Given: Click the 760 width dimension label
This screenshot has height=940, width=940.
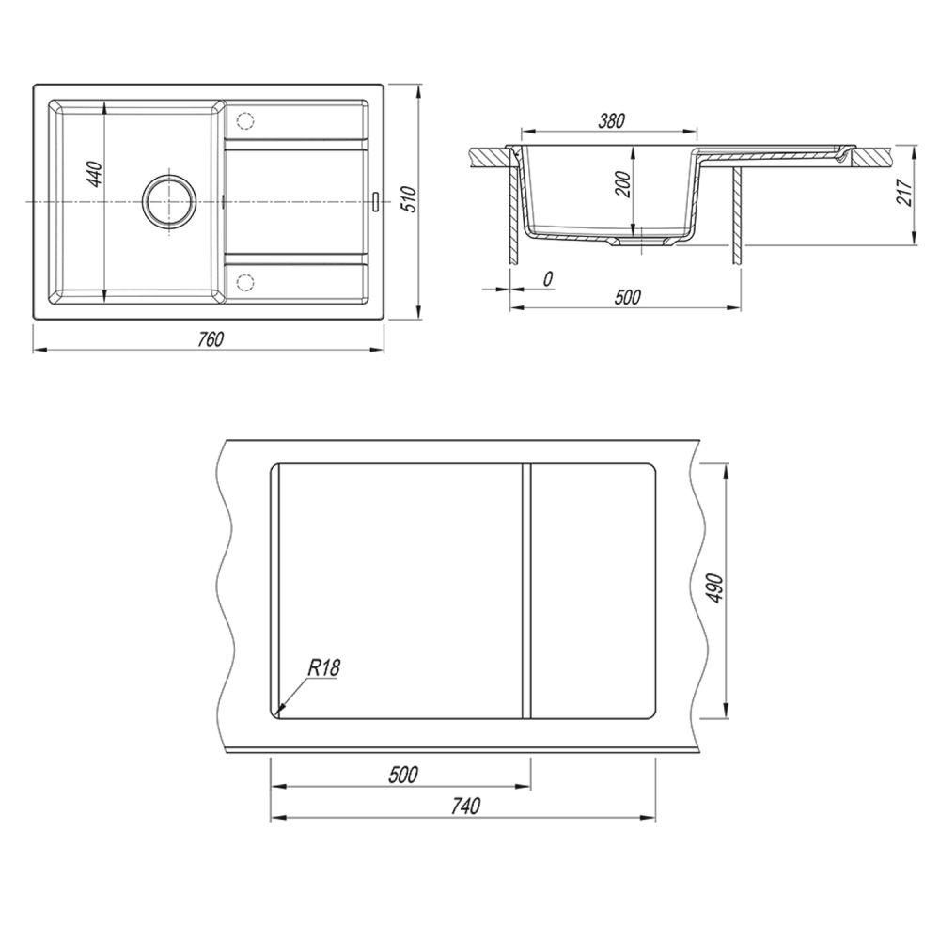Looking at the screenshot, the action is tap(211, 339).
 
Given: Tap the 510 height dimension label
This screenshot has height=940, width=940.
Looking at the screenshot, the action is tap(408, 198).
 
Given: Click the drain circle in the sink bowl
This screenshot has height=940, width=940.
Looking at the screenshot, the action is tap(168, 201).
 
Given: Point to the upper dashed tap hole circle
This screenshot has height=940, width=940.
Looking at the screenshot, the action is tap(245, 120).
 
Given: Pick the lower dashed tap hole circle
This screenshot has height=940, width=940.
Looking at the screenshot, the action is tap(245, 282).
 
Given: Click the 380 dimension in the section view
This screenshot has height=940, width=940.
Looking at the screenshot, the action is tap(612, 121).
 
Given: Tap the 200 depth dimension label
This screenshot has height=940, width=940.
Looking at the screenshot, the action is tap(623, 184).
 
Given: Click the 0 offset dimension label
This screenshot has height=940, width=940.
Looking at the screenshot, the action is tap(547, 279).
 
